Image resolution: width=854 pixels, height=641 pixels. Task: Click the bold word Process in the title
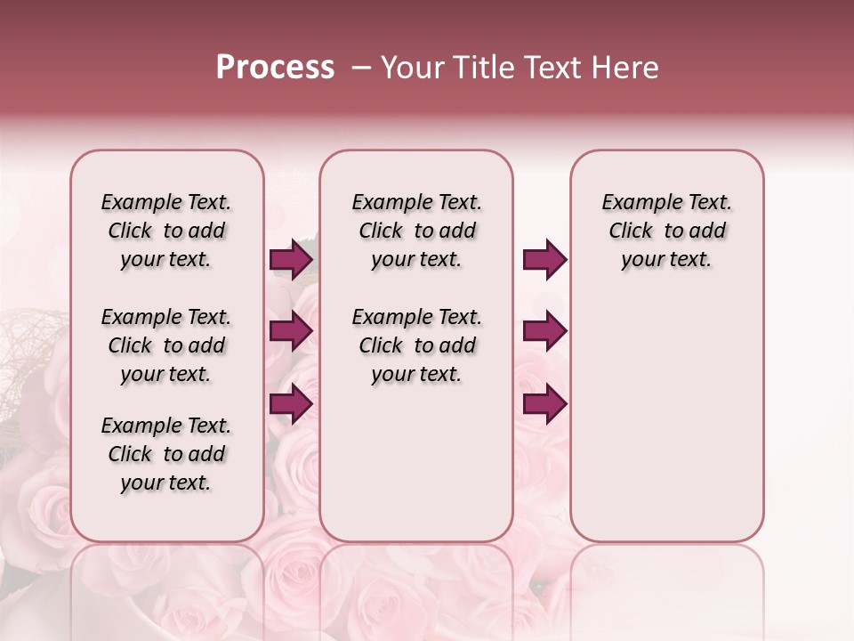click(x=275, y=68)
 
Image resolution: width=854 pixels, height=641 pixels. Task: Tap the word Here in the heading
click(x=627, y=68)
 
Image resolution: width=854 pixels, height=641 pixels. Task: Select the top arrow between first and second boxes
click(x=291, y=260)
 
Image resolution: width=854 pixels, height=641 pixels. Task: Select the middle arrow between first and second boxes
click(x=291, y=331)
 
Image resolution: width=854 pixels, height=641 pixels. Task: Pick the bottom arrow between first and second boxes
click(x=291, y=404)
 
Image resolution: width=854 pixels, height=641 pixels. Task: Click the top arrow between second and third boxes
click(x=544, y=260)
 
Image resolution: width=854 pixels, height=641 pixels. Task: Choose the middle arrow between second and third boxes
click(x=544, y=331)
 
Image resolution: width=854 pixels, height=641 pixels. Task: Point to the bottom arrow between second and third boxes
click(x=544, y=404)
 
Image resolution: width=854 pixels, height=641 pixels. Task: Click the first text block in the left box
click(x=166, y=231)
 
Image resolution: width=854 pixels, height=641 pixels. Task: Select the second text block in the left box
click(x=166, y=345)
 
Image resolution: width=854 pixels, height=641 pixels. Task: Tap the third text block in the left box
click(x=166, y=454)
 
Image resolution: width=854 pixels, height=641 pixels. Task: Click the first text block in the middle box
click(x=416, y=231)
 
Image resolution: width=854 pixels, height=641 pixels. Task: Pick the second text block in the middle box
click(x=416, y=345)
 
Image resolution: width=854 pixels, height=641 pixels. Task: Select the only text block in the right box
click(x=666, y=231)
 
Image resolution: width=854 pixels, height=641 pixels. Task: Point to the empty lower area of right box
click(x=666, y=418)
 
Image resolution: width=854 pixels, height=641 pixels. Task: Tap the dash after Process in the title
click(x=360, y=68)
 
